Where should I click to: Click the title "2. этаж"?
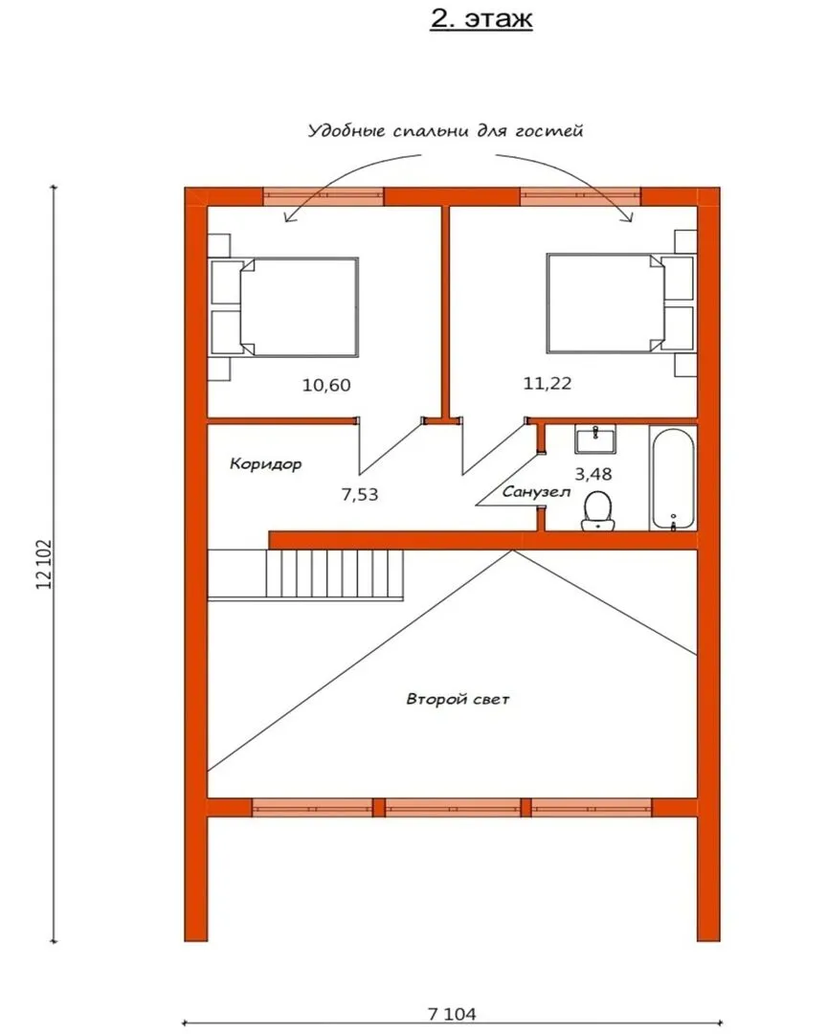click(x=481, y=18)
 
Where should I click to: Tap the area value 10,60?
click(x=326, y=385)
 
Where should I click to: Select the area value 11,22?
click(x=548, y=383)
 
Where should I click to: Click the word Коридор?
click(x=266, y=463)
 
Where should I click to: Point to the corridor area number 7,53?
click(x=360, y=494)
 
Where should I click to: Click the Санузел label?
click(x=536, y=492)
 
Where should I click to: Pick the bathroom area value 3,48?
click(x=593, y=474)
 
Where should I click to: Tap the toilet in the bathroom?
click(x=598, y=510)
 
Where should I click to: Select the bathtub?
click(x=673, y=478)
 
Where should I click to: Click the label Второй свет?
click(x=458, y=699)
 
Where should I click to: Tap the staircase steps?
click(x=334, y=573)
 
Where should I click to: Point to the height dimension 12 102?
click(x=45, y=565)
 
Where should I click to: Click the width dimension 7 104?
click(x=452, y=1014)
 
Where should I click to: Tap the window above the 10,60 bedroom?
click(x=324, y=196)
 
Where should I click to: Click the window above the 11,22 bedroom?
click(x=580, y=196)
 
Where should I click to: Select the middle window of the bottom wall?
click(x=453, y=807)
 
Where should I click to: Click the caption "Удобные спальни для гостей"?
click(x=446, y=130)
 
